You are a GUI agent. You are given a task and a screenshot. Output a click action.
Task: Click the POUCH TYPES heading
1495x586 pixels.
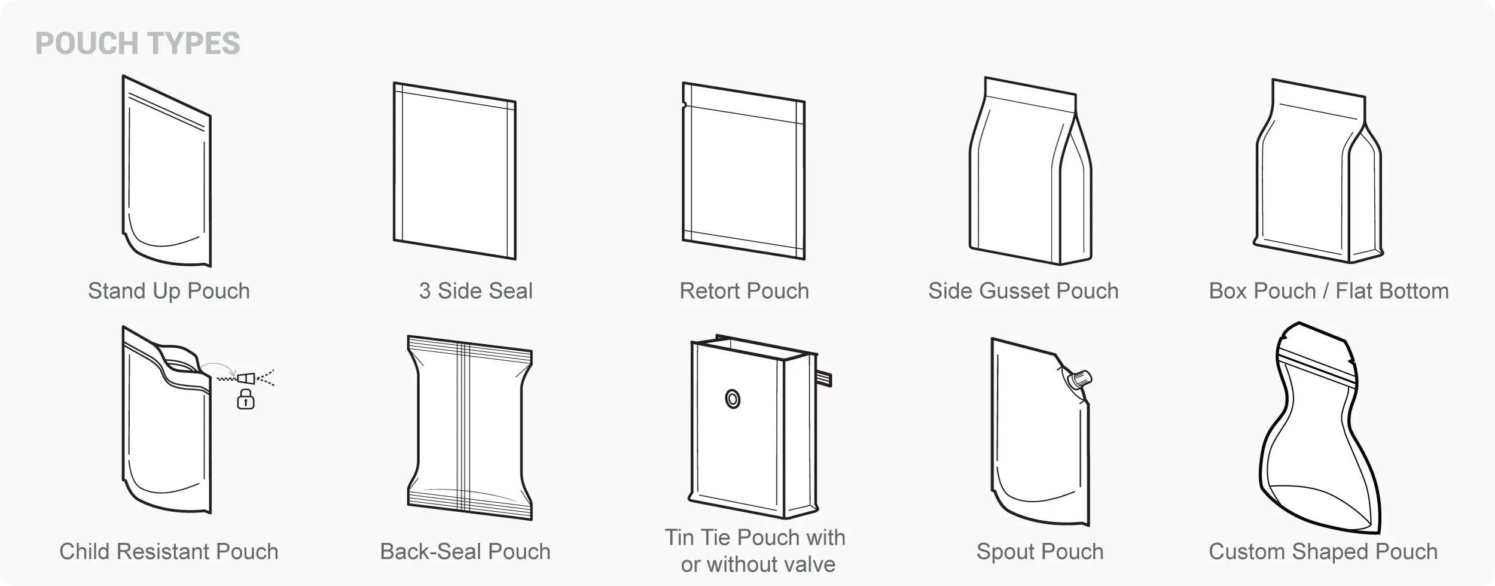[138, 44]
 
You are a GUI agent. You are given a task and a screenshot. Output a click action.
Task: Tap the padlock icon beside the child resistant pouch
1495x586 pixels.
[245, 399]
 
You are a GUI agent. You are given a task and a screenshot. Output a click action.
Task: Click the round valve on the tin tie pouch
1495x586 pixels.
[733, 399]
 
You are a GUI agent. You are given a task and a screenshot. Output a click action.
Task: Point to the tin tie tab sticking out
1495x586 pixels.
[825, 378]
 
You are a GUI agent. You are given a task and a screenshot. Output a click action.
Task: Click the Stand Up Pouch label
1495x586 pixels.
[169, 291]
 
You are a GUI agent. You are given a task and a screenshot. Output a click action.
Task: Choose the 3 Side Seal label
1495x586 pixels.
[475, 291]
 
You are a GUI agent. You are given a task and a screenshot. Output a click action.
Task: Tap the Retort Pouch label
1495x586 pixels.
[744, 291]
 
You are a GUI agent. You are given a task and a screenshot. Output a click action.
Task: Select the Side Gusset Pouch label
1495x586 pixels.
[1023, 291]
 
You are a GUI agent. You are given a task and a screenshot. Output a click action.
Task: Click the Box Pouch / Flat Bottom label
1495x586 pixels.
[1329, 291]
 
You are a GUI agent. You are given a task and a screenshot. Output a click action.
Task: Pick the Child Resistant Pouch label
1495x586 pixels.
[169, 551]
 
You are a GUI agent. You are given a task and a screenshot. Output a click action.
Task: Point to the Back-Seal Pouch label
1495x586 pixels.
[465, 551]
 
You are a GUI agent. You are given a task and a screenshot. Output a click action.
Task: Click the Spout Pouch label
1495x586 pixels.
[1040, 551]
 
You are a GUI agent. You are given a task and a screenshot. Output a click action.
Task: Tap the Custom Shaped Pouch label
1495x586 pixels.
[1323, 551]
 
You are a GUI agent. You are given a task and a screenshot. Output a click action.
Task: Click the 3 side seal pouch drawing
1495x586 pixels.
[454, 171]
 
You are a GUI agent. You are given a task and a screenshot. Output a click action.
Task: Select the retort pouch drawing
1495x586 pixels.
[744, 171]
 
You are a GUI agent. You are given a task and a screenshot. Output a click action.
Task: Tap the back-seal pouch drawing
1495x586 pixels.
[469, 427]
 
